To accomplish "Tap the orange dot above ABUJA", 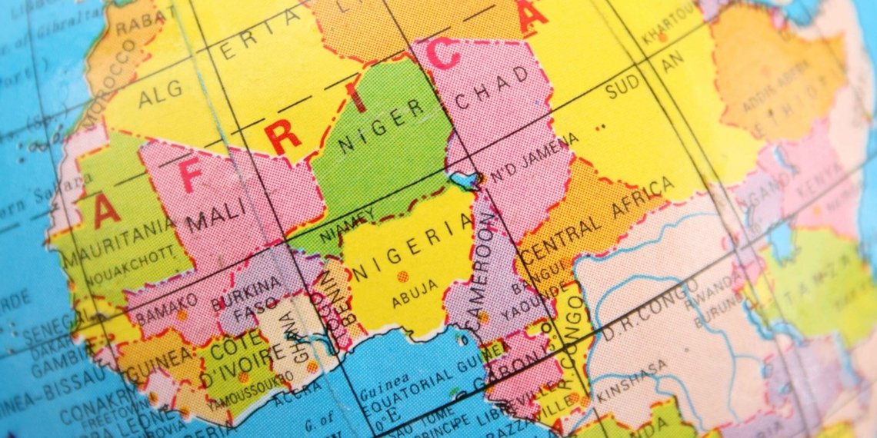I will [402, 275].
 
